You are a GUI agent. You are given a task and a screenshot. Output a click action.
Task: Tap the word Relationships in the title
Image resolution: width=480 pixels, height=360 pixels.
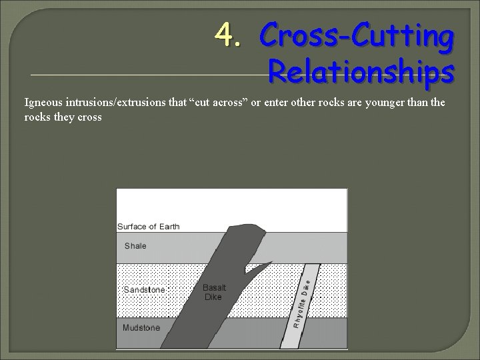[361, 71]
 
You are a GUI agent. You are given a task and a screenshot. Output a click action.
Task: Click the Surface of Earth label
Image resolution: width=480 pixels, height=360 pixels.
[148, 227]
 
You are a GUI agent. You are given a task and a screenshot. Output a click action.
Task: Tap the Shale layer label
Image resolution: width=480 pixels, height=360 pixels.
[135, 246]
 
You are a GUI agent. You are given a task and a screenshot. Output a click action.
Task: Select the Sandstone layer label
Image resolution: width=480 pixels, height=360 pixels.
[145, 290]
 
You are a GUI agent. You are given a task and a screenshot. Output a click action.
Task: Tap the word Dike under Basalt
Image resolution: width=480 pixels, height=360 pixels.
[213, 297]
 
